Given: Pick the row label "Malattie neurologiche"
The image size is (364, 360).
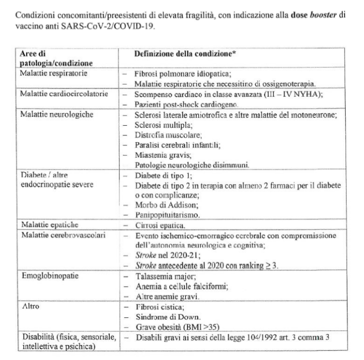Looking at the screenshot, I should (x=52, y=114).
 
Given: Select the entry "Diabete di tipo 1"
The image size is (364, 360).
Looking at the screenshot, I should (x=160, y=176).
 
